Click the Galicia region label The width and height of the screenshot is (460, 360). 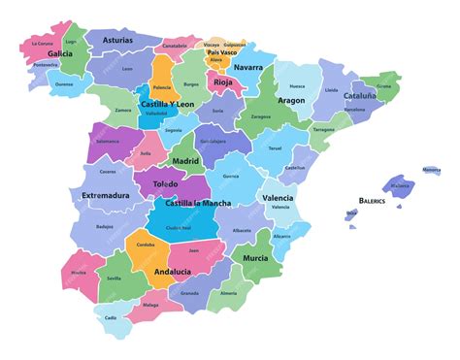60,54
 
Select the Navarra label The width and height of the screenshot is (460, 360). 248,67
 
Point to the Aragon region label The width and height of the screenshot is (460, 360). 290,100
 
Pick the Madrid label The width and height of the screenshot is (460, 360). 185,161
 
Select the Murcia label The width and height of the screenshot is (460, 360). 255,258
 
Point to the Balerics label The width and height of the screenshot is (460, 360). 372,201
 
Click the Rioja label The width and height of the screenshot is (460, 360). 223,82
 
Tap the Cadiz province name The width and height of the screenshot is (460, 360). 111,317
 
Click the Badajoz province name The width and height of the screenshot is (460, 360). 105,227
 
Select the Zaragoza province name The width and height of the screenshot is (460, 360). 261,116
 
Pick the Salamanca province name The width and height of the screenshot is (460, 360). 108,141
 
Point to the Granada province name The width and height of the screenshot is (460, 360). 190,291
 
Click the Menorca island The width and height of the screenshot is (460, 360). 431,171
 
